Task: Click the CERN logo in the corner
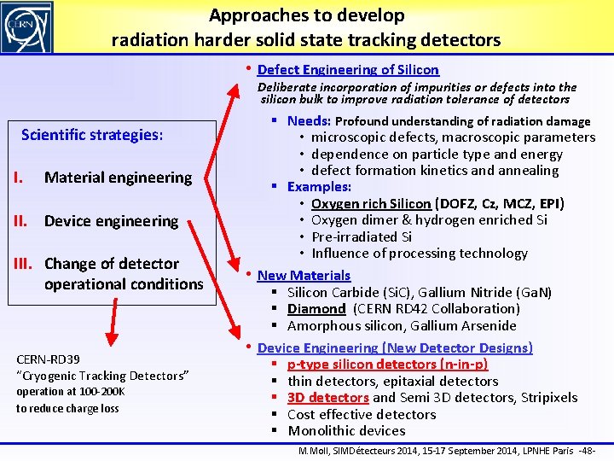[x=27, y=26]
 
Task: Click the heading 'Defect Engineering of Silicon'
[x=348, y=70]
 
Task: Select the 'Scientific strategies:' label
[x=92, y=135]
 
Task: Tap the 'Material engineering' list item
[x=118, y=178]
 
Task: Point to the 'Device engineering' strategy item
[x=111, y=221]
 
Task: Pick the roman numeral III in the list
[x=23, y=264]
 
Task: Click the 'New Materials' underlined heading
[x=304, y=275]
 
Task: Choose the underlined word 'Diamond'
[x=316, y=308]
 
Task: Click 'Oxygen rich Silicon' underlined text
[x=371, y=203]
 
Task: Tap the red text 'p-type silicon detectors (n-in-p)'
[x=388, y=365]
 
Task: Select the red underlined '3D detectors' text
[x=328, y=398]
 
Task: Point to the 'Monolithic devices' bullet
[x=346, y=431]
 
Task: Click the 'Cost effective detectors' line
[x=362, y=414]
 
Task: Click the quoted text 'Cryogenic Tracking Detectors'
[x=102, y=376]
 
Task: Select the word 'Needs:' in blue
[x=310, y=121]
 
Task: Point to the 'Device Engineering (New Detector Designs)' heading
[x=395, y=347]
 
